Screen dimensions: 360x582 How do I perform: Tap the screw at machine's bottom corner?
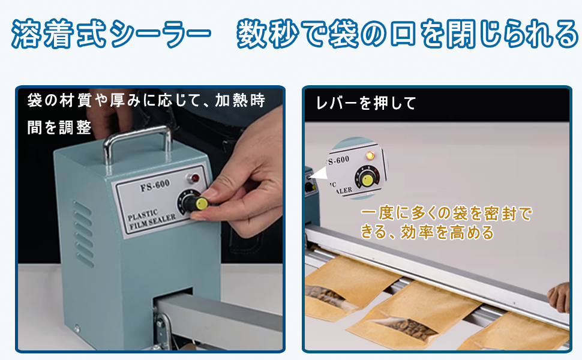[77, 328]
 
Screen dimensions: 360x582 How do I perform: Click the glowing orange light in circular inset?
[370, 156]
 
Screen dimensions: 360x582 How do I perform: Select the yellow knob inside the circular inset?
[366, 178]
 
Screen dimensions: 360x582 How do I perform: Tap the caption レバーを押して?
[366, 103]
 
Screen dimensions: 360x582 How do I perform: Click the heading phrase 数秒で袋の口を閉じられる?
[408, 35]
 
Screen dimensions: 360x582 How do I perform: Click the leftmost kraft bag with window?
[342, 288]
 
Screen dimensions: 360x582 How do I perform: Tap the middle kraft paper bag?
[408, 315]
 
